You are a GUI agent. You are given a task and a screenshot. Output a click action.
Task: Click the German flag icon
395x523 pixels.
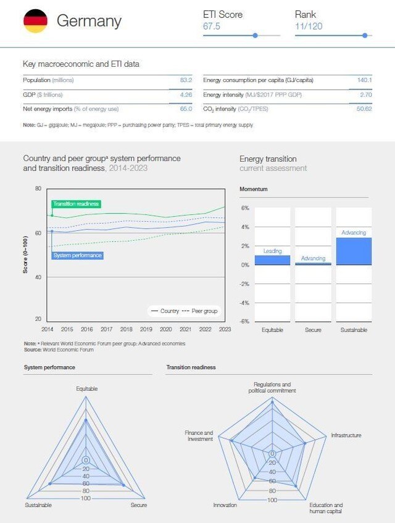[x=35, y=21]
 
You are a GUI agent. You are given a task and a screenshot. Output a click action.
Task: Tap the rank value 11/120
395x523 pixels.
[x=309, y=26]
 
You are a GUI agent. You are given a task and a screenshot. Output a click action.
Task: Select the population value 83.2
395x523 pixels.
[x=186, y=80]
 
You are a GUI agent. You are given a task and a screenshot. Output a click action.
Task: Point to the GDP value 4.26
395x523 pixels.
[x=186, y=94]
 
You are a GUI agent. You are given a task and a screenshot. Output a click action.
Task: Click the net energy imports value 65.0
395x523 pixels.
[x=186, y=109]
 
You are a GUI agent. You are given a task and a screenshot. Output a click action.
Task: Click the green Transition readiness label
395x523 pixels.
[x=76, y=204]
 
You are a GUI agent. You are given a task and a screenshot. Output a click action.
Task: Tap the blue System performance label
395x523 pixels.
[x=77, y=255]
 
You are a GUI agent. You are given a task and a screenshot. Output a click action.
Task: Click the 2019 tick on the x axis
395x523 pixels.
[x=146, y=330]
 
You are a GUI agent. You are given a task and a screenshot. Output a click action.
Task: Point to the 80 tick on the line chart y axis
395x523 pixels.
[x=38, y=188]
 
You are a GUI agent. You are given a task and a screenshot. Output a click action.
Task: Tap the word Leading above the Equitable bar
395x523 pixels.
[x=272, y=251]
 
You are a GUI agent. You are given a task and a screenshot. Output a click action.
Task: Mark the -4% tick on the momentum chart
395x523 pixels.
[x=244, y=303]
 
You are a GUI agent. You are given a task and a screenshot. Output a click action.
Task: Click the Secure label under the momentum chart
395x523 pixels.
[x=313, y=330]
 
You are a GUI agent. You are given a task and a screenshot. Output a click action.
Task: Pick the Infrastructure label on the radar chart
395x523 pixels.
[x=346, y=435]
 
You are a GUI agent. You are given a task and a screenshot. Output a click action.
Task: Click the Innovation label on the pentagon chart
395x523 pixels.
[x=225, y=505]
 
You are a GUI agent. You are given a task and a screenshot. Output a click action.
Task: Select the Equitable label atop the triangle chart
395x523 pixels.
[x=86, y=388]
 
